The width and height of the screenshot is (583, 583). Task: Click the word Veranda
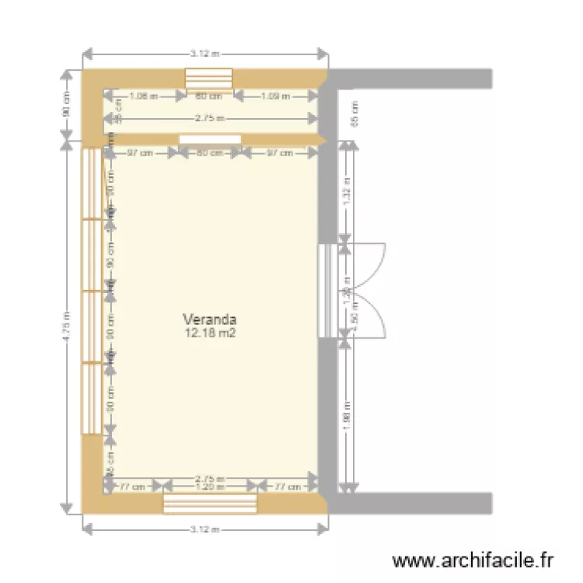click(209, 319)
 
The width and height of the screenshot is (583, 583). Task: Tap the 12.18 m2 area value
click(209, 333)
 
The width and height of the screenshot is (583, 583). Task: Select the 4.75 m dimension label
click(68, 327)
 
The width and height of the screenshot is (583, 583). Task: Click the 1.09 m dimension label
click(276, 96)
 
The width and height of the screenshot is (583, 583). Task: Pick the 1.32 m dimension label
click(347, 189)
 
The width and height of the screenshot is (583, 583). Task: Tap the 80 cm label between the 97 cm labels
click(209, 153)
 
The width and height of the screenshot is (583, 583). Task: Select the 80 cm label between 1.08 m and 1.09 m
click(209, 96)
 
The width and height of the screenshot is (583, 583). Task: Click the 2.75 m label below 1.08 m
click(209, 118)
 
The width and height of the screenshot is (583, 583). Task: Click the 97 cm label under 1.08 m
click(139, 153)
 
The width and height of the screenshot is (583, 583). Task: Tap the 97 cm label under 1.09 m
click(280, 153)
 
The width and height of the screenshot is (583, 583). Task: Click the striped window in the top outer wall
click(209, 79)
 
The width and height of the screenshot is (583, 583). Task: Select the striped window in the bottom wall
click(209, 503)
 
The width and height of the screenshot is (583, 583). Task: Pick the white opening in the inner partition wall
click(209, 139)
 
